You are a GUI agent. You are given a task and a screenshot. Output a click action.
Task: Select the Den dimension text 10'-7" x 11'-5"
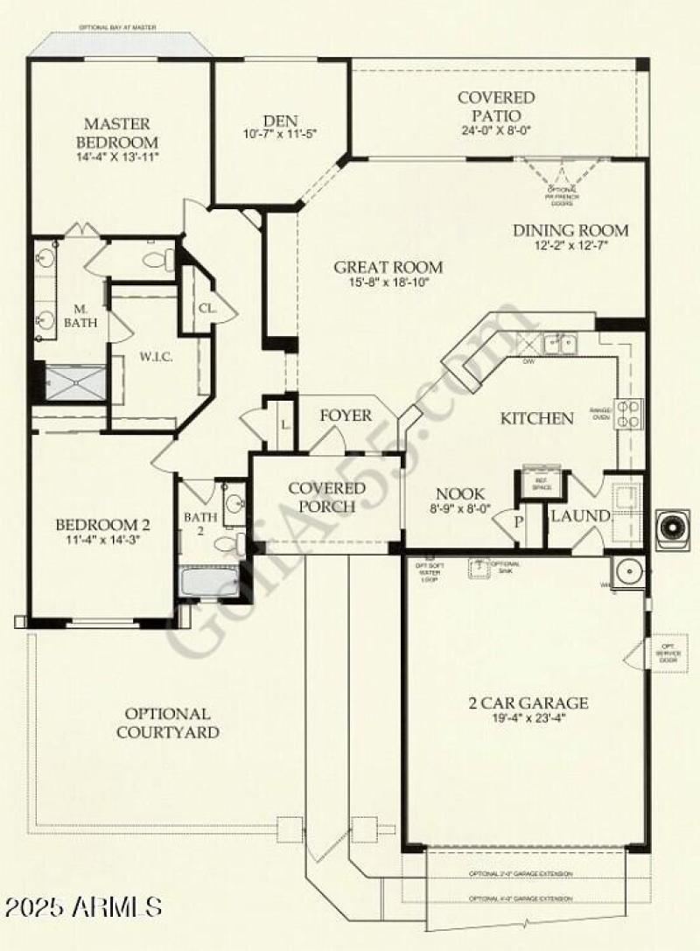pos(269,135)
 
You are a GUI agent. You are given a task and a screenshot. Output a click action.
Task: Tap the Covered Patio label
pos(496,107)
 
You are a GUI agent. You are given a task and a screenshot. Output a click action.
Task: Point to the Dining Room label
pos(570,231)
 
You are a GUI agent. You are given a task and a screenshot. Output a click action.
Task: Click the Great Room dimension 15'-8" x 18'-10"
pos(388,283)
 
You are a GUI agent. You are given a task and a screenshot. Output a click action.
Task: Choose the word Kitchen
pos(536,418)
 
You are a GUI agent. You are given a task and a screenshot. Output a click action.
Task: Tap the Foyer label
pos(345,416)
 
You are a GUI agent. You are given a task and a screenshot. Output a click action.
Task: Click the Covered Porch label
pos(326,497)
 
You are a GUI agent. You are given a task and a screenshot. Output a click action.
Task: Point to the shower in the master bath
pos(75,383)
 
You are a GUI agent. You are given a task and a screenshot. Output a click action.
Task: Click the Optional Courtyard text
pos(167,723)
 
